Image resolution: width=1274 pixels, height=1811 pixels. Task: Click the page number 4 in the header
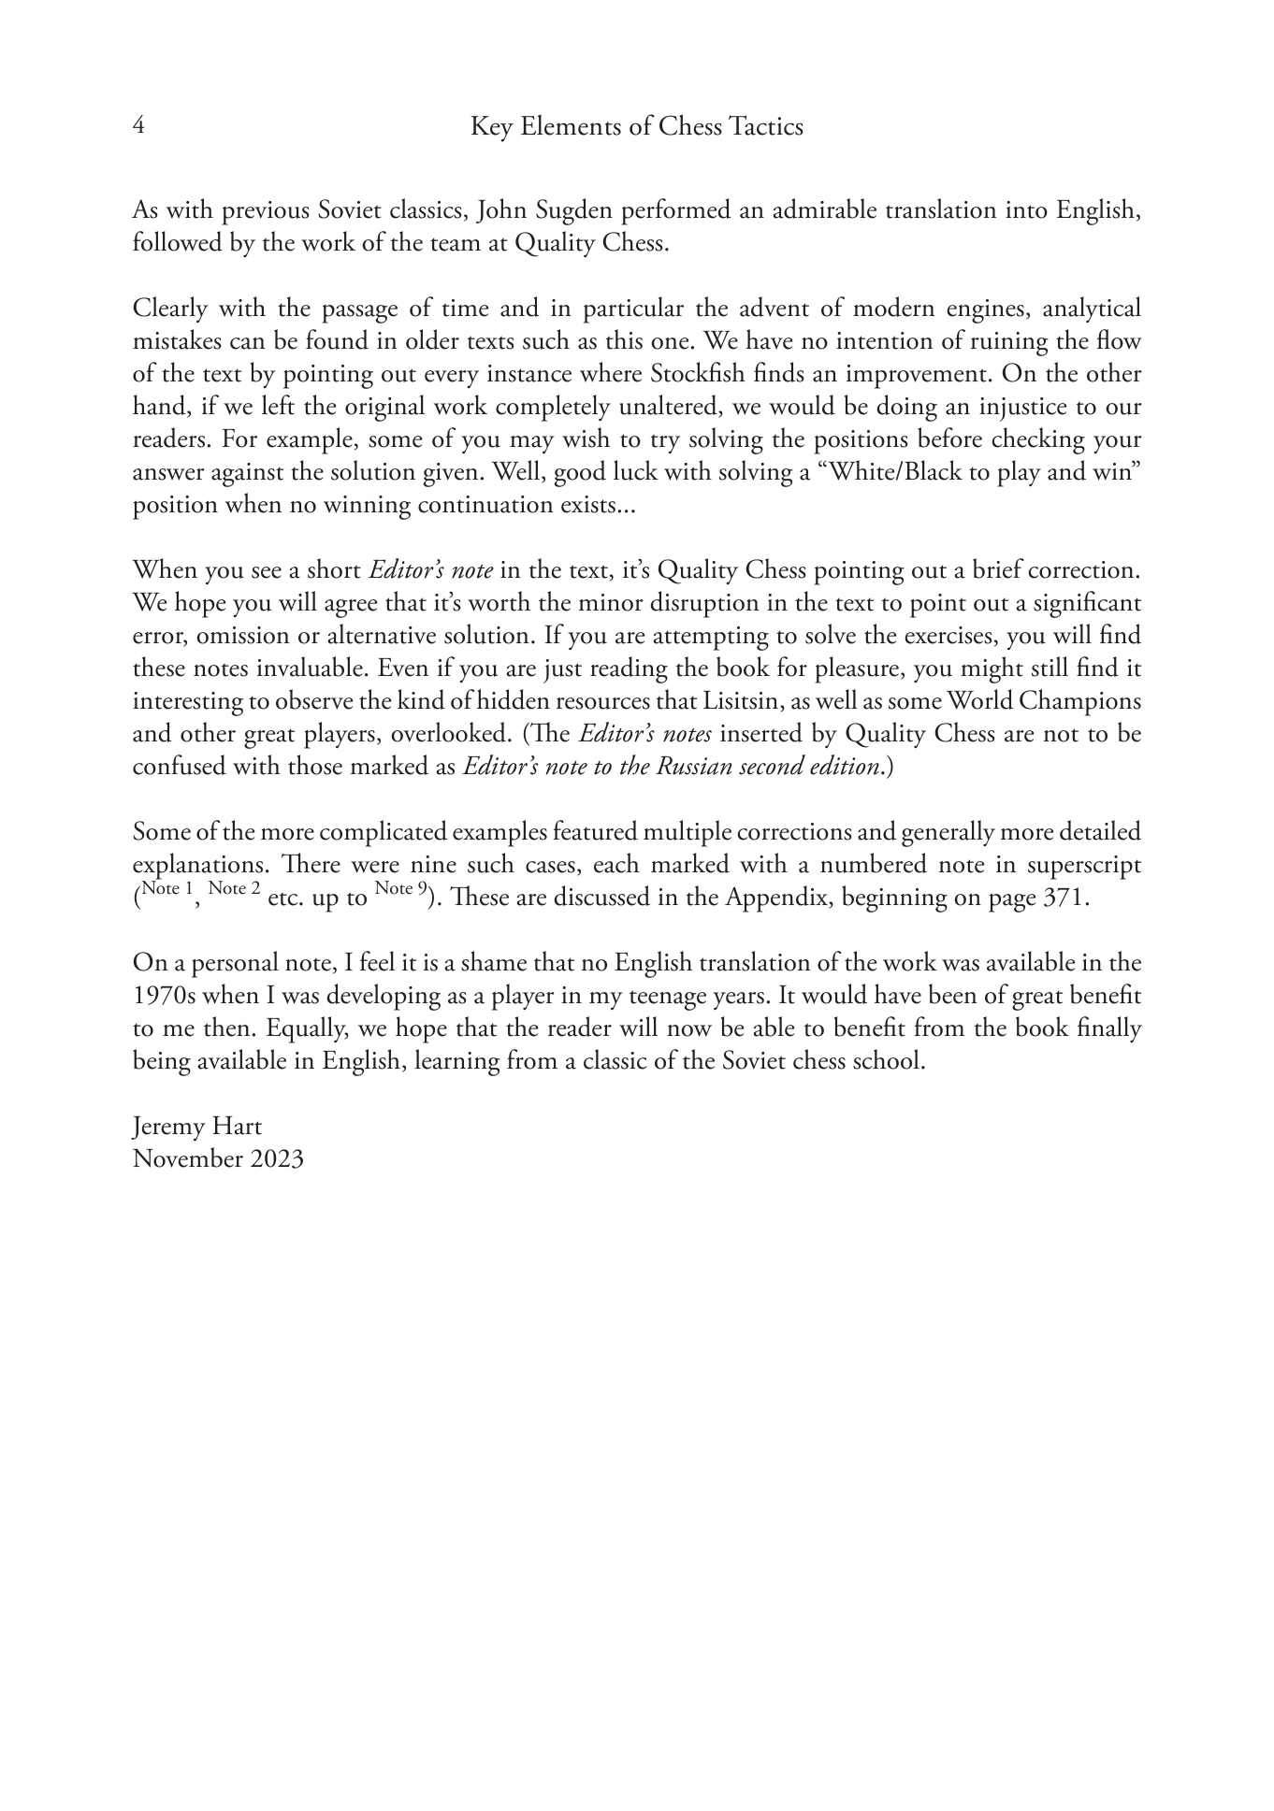coord(138,126)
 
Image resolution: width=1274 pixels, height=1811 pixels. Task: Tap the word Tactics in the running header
coord(762,126)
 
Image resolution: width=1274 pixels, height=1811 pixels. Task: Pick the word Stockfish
coord(697,374)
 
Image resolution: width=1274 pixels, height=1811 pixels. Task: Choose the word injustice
coord(1025,407)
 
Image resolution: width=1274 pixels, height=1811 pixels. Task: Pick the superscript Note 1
coord(166,889)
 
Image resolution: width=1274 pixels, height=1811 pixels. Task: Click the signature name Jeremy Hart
coord(196,1127)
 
